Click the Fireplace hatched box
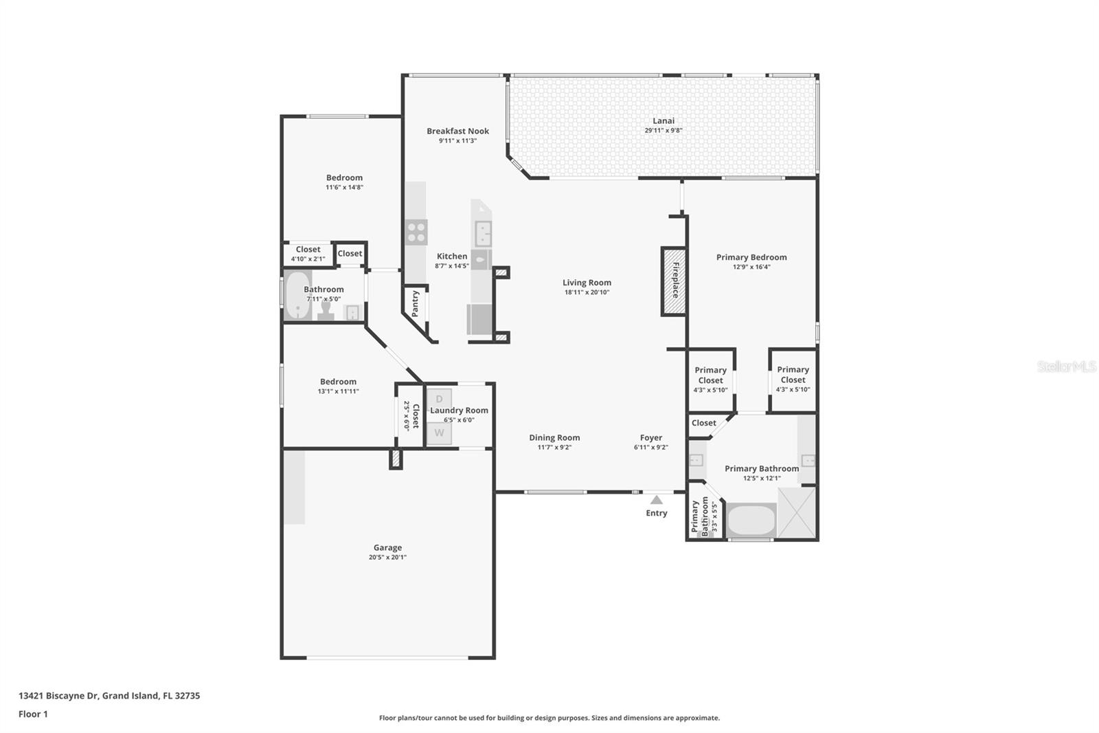(674, 281)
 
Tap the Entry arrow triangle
(657, 500)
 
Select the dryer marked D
(439, 400)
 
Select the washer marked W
(439, 433)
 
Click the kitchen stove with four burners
(416, 232)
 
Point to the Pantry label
(416, 303)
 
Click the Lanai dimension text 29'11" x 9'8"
(663, 131)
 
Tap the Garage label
(387, 547)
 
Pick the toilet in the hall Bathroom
(326, 311)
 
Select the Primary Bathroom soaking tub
(751, 520)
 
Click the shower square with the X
(797, 512)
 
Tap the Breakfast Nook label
(457, 131)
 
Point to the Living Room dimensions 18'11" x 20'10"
(587, 292)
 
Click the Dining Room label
(554, 437)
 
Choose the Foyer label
(650, 437)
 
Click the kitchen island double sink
(483, 233)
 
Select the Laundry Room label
(459, 411)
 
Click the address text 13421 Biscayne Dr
(59, 695)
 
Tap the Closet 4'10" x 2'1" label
(308, 250)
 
